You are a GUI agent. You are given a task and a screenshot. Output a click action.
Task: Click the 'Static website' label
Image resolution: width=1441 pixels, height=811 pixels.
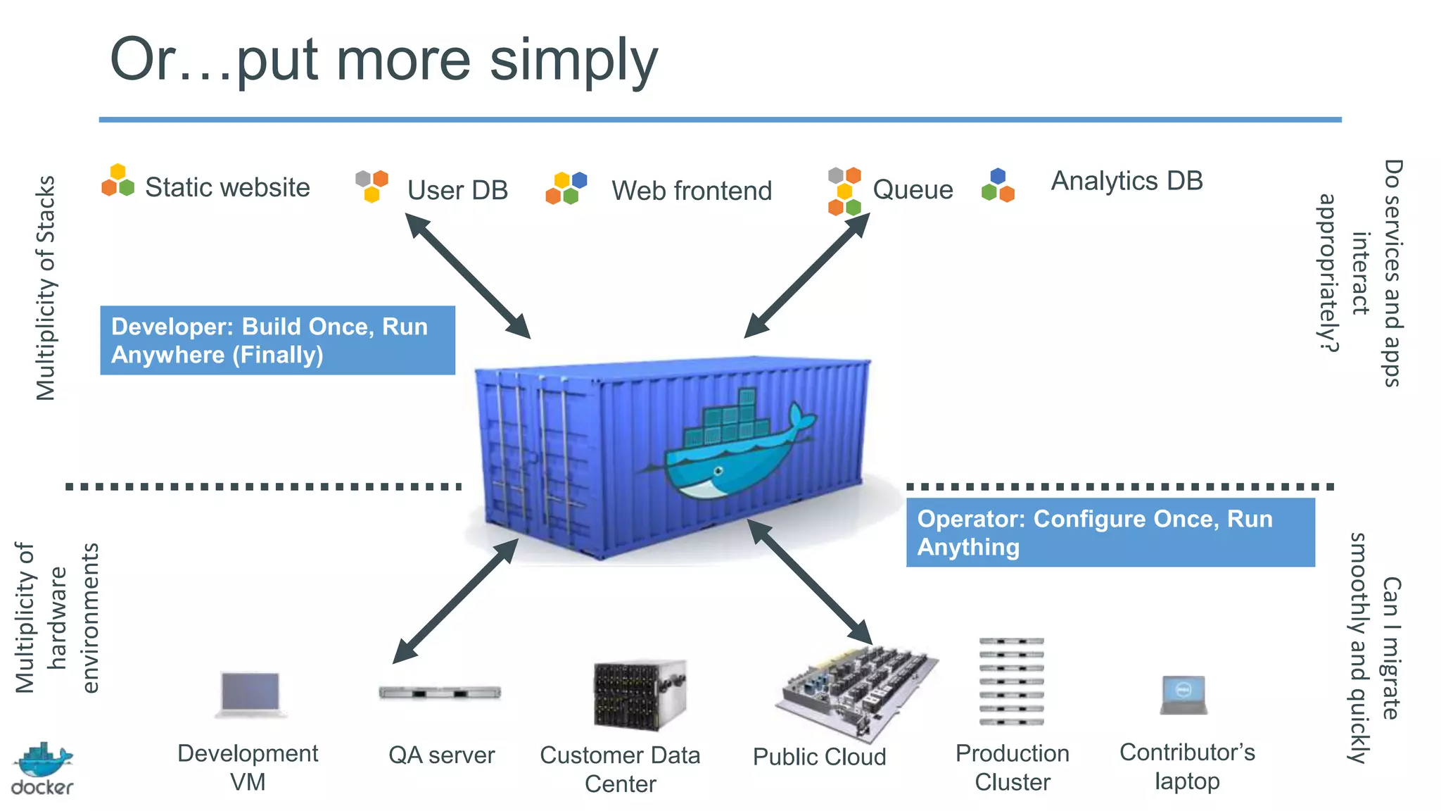227,187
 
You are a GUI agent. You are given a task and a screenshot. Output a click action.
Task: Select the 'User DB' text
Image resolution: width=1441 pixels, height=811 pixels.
457,190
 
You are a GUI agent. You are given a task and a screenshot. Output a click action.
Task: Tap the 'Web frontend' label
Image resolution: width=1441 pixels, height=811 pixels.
692,191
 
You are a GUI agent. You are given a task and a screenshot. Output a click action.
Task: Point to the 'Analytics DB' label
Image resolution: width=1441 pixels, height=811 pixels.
1126,182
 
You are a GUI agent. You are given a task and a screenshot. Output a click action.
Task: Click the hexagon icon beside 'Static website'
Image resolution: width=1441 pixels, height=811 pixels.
118,180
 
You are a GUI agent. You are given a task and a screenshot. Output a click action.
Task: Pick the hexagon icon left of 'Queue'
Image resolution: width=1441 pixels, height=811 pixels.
845,191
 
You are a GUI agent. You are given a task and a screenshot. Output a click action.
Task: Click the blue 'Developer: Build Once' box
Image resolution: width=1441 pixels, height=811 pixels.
277,340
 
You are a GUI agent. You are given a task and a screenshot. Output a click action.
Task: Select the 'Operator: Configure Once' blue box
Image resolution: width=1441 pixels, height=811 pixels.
1110,532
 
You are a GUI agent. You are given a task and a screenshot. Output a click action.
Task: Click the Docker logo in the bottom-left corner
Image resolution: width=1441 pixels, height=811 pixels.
42,769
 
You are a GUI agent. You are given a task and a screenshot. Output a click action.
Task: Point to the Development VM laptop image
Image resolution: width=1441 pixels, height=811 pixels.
250,694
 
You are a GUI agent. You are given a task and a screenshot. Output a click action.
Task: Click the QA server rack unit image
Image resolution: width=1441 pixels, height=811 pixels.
440,693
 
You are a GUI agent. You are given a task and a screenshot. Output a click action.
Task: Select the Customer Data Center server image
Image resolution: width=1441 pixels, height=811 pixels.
640,696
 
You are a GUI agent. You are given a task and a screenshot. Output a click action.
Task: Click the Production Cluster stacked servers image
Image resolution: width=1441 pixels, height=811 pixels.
1012,681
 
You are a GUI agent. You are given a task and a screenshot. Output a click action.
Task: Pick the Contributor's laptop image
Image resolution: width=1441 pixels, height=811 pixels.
1183,695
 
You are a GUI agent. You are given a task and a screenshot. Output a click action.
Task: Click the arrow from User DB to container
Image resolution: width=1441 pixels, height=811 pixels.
468,276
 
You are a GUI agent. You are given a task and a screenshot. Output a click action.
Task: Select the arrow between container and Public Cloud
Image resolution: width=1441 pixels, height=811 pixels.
810,581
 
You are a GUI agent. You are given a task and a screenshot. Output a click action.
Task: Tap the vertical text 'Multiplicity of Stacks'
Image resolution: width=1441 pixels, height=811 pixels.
46,288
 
